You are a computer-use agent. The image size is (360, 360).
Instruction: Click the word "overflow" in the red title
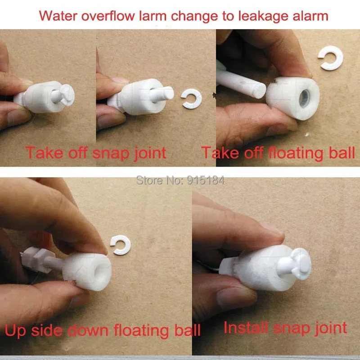click(108, 16)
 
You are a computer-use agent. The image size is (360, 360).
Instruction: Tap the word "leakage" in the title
click(265, 16)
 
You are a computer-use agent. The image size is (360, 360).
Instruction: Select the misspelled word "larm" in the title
click(153, 16)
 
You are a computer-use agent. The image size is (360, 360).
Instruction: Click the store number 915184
click(206, 180)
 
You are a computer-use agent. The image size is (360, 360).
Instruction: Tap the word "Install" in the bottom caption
click(246, 328)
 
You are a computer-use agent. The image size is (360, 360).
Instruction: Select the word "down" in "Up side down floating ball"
click(88, 330)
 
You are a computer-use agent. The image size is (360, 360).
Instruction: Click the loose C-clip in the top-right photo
click(331, 58)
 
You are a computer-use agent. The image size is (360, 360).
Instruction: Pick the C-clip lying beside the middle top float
click(192, 99)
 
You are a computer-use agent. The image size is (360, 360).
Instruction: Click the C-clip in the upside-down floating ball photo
click(121, 245)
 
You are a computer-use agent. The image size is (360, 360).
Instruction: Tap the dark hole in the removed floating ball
click(305, 98)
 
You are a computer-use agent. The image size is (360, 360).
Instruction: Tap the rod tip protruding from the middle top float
click(166, 93)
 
